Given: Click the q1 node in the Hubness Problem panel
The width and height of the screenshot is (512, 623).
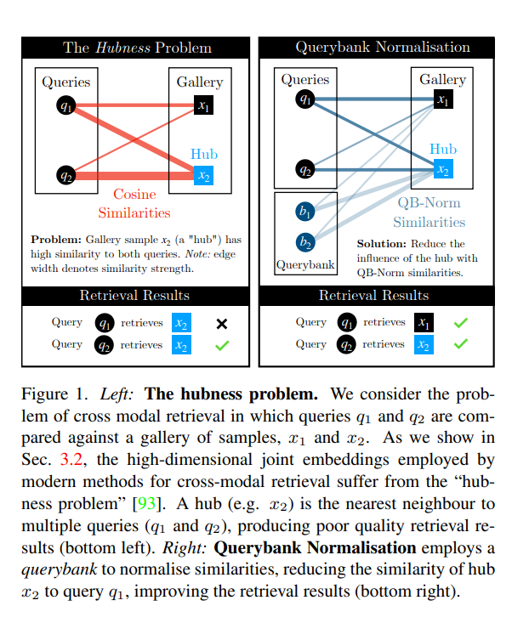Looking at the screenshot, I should click(x=65, y=106).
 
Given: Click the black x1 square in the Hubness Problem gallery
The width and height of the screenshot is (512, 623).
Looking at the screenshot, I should click(x=203, y=106).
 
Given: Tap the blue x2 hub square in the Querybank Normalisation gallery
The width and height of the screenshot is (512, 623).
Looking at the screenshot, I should click(x=442, y=169).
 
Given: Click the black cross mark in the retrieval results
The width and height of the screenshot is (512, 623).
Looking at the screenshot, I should click(x=221, y=323).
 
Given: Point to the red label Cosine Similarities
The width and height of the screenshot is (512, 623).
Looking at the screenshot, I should click(x=134, y=203).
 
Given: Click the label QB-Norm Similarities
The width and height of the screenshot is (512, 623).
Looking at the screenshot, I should click(x=429, y=212).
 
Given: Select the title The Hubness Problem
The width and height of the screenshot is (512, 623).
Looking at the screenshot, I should click(x=137, y=47).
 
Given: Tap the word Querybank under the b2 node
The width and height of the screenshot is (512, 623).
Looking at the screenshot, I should click(x=304, y=264).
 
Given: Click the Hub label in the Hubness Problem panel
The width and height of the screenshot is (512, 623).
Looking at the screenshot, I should click(x=204, y=154).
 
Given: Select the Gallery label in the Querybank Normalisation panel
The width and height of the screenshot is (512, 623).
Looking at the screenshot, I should click(x=442, y=80).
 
